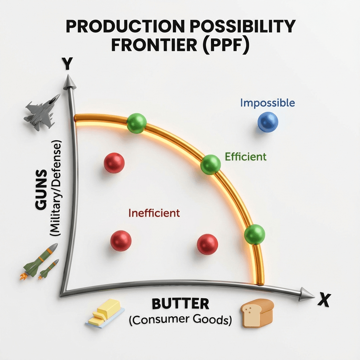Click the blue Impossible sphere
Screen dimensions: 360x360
[268, 122]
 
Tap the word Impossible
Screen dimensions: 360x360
[268, 103]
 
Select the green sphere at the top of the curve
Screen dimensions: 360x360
[136, 123]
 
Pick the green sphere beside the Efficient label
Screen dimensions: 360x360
[211, 165]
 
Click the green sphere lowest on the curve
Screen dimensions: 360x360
[254, 234]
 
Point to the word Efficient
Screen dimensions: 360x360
[246, 156]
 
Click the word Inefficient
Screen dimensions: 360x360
[154, 213]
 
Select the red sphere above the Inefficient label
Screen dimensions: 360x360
[114, 163]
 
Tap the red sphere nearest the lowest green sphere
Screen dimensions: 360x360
[207, 244]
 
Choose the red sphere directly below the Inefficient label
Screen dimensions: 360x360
[121, 241]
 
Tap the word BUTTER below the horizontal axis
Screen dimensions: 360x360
[180, 303]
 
